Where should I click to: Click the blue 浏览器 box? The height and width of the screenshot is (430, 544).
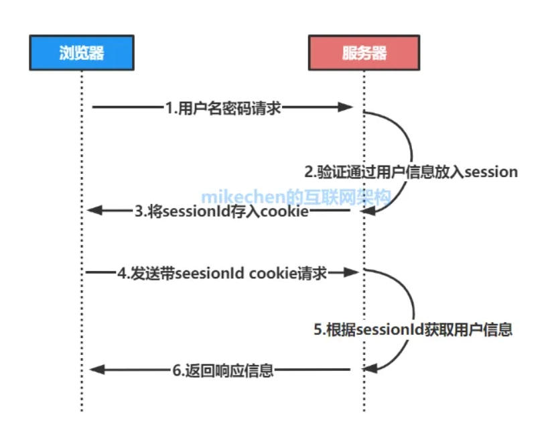[x=81, y=53]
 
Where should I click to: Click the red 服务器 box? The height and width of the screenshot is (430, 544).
[x=364, y=53]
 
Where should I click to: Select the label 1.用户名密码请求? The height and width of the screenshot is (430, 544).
[x=223, y=107]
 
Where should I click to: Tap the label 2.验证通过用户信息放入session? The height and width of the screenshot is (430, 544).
[x=411, y=172]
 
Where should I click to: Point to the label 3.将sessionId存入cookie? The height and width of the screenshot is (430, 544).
[x=222, y=212]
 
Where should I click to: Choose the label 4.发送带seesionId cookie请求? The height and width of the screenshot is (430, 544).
[x=222, y=273]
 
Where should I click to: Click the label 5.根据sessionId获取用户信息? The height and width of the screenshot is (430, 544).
[x=413, y=329]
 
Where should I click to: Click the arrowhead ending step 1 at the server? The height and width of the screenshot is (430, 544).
[x=346, y=107]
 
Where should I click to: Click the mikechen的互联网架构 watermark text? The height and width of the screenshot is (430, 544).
[x=295, y=197]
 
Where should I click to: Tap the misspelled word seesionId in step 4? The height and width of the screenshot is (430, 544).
[x=214, y=273]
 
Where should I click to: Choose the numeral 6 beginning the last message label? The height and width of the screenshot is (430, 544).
[x=176, y=370]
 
